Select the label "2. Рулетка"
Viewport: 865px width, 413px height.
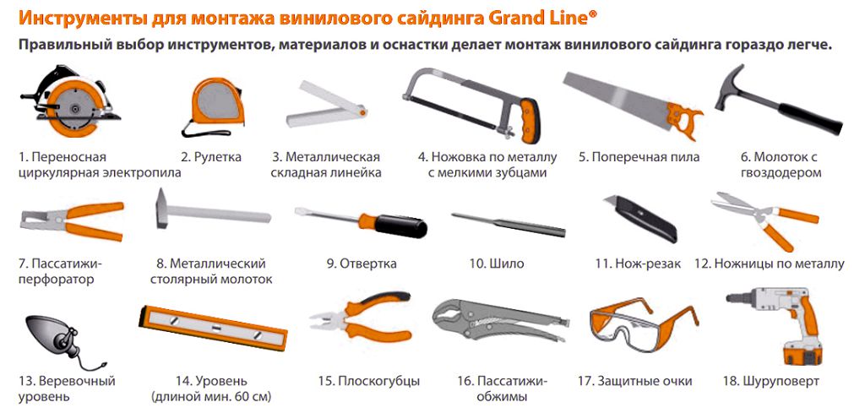211,157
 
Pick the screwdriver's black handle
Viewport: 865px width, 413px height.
402,226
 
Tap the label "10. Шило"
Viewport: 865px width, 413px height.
497,264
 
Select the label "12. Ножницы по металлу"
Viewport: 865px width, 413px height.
769,264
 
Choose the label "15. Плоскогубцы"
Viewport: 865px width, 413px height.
369,381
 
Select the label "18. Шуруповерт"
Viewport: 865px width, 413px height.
771,381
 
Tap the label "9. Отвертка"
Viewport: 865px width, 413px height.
362,264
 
